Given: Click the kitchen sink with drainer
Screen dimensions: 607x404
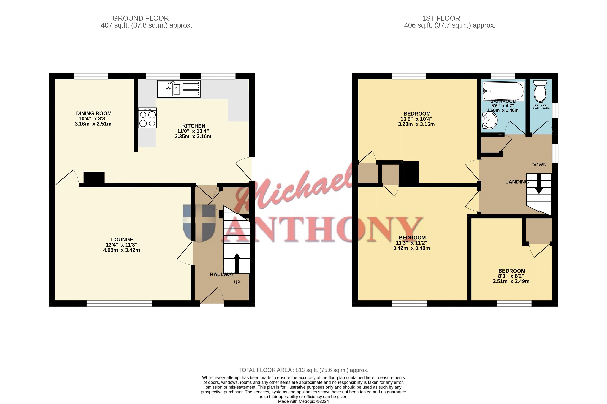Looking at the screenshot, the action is pyautogui.click(x=179, y=89).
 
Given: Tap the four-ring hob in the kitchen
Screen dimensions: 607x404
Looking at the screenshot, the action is pyautogui.click(x=147, y=118).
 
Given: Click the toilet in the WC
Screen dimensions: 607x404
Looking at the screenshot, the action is pyautogui.click(x=540, y=91).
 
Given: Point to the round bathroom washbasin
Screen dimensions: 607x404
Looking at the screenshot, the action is pyautogui.click(x=489, y=120).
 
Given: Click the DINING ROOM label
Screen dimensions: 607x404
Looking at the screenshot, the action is pyautogui.click(x=94, y=113).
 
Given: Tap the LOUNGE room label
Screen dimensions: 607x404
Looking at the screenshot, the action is pyautogui.click(x=122, y=240).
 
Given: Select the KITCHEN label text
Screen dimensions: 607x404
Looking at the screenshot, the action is pyautogui.click(x=194, y=126).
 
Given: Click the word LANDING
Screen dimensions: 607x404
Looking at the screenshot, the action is pyautogui.click(x=517, y=182).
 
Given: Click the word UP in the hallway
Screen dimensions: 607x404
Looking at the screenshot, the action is pyautogui.click(x=237, y=282).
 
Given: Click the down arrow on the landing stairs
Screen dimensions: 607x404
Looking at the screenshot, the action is pyautogui.click(x=539, y=184).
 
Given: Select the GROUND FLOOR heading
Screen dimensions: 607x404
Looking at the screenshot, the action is pyautogui.click(x=141, y=18).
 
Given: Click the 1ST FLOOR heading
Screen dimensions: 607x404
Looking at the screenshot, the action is pyautogui.click(x=441, y=18).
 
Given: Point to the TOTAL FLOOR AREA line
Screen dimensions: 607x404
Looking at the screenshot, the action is pyautogui.click(x=303, y=370).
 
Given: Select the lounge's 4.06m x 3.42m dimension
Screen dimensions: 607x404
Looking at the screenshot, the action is pyautogui.click(x=122, y=250).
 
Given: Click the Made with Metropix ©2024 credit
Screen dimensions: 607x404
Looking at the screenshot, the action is pyautogui.click(x=303, y=401).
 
